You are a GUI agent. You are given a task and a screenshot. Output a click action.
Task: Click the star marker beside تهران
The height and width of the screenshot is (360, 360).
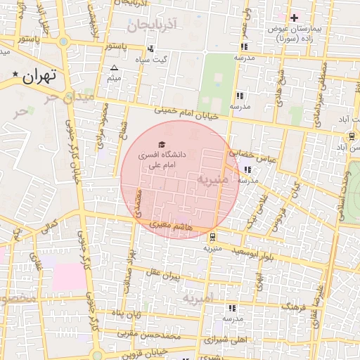point(15,74)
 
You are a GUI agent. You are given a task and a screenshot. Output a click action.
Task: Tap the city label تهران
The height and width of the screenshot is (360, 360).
point(40,76)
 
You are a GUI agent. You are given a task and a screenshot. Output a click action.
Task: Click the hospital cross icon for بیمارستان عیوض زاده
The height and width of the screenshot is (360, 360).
point(294,17)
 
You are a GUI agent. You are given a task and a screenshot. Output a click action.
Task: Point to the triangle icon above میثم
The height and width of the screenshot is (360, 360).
point(114,68)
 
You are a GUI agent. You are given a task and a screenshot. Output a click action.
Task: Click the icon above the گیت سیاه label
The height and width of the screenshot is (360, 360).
point(150,49)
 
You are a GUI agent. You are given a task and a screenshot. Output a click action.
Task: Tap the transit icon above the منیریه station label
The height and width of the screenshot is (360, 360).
point(212,236)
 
